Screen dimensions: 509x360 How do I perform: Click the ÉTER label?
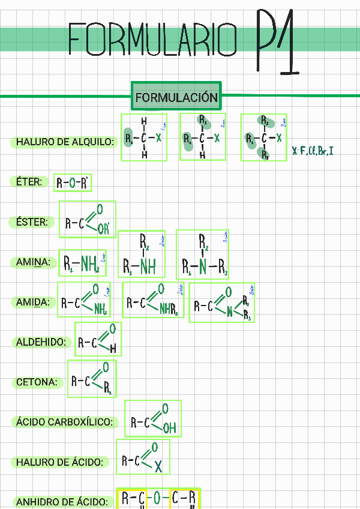29,181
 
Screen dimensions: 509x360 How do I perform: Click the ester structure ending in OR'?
88,220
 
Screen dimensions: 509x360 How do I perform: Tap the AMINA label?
34,262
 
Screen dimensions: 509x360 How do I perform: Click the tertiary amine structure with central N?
202,254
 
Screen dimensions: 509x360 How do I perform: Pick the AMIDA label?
34,303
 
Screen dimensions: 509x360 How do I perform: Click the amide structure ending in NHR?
153,300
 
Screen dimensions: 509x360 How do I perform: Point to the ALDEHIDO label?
41,342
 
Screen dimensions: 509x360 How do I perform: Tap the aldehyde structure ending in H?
98,339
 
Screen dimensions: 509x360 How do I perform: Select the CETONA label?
37,382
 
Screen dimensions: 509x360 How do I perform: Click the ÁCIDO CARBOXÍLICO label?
64,422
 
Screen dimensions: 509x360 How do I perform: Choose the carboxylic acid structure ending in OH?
153,419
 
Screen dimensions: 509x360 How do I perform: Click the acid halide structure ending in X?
143,457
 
